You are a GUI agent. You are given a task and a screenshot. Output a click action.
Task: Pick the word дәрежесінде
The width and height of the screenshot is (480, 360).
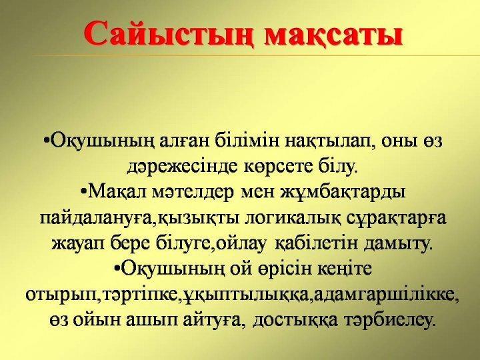coord(177,163)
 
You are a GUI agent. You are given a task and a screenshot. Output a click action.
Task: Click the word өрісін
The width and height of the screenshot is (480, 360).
coord(261,269)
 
